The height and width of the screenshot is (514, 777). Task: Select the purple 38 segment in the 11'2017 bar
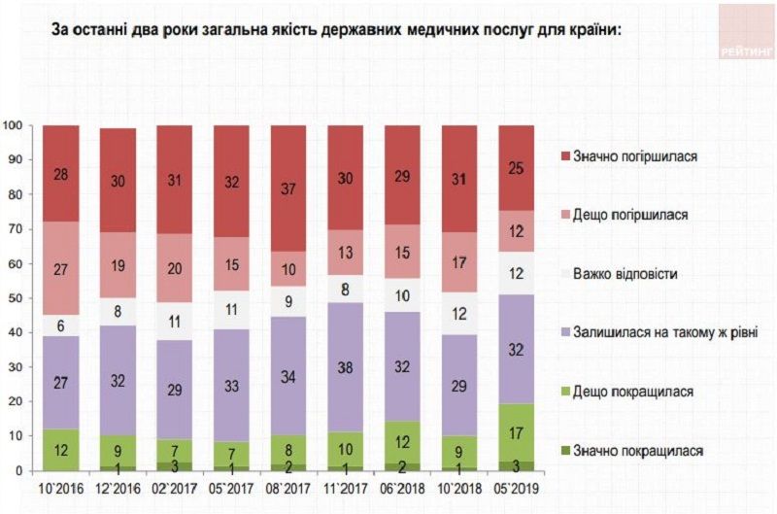347,367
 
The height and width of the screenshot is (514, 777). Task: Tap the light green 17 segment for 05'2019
518,431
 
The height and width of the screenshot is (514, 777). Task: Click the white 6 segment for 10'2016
60,326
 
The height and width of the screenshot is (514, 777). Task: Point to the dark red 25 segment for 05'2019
518,167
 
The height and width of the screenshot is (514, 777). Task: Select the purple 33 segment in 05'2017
232,386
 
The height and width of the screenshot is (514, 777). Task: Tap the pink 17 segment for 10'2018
460,262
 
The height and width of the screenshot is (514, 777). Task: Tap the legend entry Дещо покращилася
641,392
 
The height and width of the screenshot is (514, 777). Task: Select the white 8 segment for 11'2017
347,288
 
